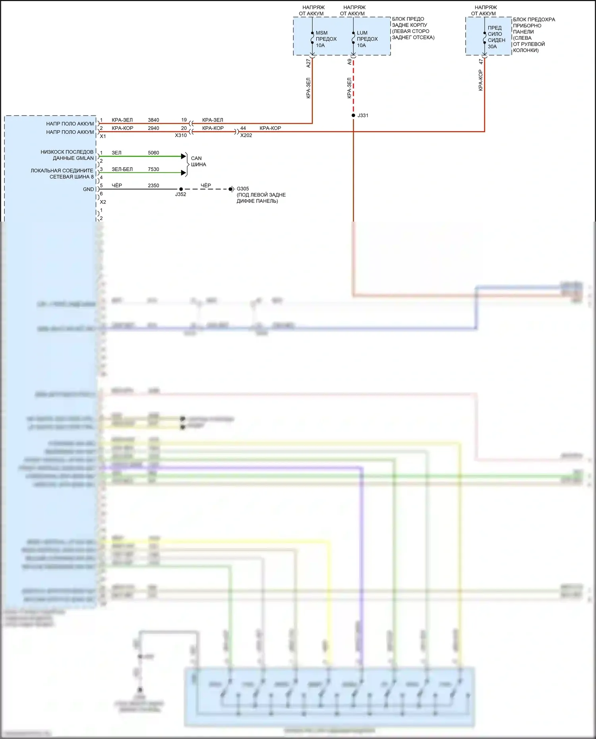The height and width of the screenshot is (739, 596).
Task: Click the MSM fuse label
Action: (321, 33)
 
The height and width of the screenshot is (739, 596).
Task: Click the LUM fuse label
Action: (362, 33)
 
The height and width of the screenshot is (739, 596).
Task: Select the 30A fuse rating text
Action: (492, 46)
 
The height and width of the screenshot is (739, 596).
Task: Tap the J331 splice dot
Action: (353, 116)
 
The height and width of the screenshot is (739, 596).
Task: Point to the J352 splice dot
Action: (181, 189)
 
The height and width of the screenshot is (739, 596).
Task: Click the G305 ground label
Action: (243, 189)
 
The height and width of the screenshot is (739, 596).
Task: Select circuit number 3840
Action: (153, 120)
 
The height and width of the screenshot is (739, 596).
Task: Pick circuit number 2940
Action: (153, 128)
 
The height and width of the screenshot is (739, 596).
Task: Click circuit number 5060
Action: (153, 153)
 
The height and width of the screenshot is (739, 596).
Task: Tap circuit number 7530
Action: (153, 169)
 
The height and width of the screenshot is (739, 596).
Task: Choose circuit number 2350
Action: (153, 185)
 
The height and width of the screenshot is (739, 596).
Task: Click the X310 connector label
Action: (181, 135)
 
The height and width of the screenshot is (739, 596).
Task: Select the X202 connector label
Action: (246, 135)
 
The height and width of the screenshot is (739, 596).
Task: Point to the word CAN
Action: (196, 158)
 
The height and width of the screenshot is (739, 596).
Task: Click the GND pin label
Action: (88, 189)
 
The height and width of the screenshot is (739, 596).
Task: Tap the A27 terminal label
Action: (308, 63)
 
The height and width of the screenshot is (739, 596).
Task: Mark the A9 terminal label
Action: (350, 62)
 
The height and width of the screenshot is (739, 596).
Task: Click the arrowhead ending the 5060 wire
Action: (184, 156)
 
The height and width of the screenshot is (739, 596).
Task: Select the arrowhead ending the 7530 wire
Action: (184, 173)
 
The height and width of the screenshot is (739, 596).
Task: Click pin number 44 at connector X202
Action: (243, 128)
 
